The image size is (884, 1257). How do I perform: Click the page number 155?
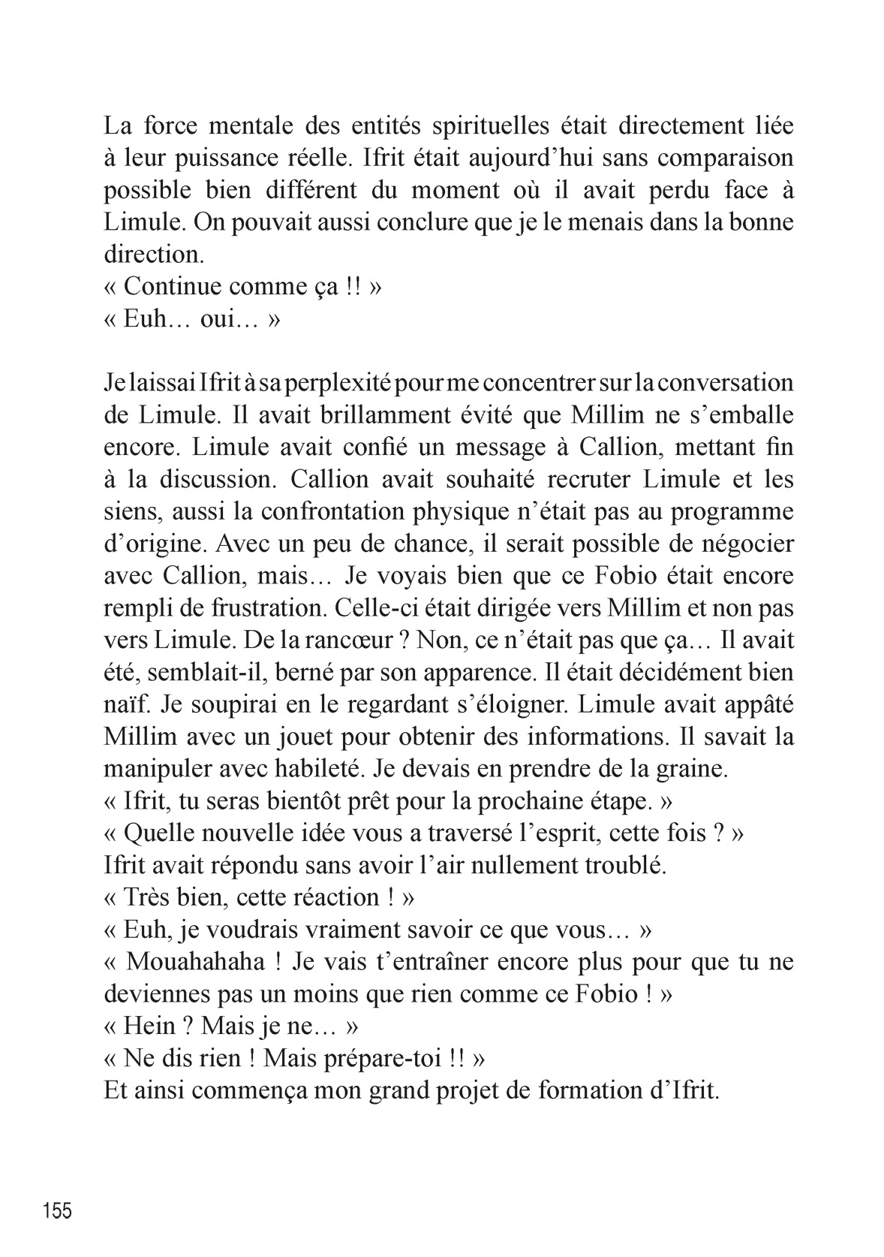tap(58, 1211)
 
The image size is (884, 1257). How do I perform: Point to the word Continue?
tap(173, 286)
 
